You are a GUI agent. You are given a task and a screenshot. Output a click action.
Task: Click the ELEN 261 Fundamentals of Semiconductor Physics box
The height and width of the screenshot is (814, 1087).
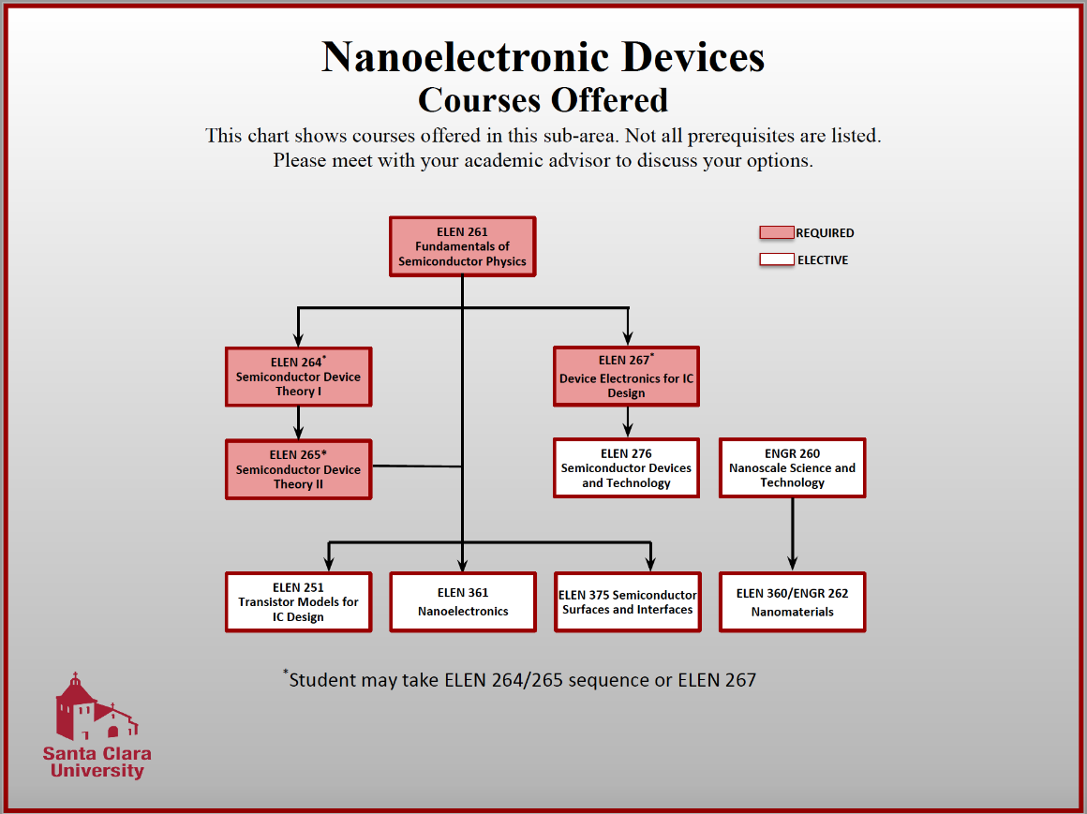click(x=462, y=246)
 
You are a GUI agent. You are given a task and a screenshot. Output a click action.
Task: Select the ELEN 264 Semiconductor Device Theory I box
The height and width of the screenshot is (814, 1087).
click(x=298, y=377)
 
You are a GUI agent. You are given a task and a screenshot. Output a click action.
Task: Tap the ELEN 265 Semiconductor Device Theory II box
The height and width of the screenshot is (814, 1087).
click(x=298, y=469)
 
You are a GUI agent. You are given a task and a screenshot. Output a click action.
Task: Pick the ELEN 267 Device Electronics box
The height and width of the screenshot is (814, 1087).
click(x=626, y=377)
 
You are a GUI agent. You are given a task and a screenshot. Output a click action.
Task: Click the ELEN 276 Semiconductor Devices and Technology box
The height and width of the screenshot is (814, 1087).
click(x=626, y=467)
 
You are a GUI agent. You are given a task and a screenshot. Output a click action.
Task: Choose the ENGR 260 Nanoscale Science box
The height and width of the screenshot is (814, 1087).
click(x=792, y=467)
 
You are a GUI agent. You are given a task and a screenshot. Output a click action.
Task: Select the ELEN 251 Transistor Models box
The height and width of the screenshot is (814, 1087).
click(x=298, y=602)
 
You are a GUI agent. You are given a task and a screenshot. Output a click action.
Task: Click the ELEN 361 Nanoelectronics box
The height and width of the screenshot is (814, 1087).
click(x=463, y=602)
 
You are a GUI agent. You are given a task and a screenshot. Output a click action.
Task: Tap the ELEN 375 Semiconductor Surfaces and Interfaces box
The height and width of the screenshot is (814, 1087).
click(x=627, y=602)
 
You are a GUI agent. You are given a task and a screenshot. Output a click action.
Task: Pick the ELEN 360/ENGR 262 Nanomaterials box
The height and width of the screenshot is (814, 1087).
click(x=792, y=602)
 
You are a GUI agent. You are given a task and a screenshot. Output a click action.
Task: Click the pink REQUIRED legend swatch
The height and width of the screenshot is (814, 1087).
click(x=777, y=233)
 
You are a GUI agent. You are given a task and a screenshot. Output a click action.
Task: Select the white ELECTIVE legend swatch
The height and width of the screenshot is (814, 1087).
click(x=777, y=260)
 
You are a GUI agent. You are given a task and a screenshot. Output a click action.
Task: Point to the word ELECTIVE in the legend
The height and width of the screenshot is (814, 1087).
click(x=823, y=260)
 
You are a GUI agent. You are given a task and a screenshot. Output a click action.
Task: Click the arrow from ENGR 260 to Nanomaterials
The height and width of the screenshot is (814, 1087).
click(x=793, y=535)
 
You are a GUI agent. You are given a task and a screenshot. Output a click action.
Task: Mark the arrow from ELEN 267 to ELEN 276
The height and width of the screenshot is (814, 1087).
click(x=627, y=422)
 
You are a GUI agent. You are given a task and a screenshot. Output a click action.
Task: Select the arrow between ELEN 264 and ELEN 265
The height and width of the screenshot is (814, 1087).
click(x=298, y=423)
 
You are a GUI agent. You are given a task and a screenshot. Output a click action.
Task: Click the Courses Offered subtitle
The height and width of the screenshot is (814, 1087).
click(x=543, y=99)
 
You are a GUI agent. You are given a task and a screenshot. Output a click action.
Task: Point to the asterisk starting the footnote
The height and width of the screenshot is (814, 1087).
click(x=286, y=673)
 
